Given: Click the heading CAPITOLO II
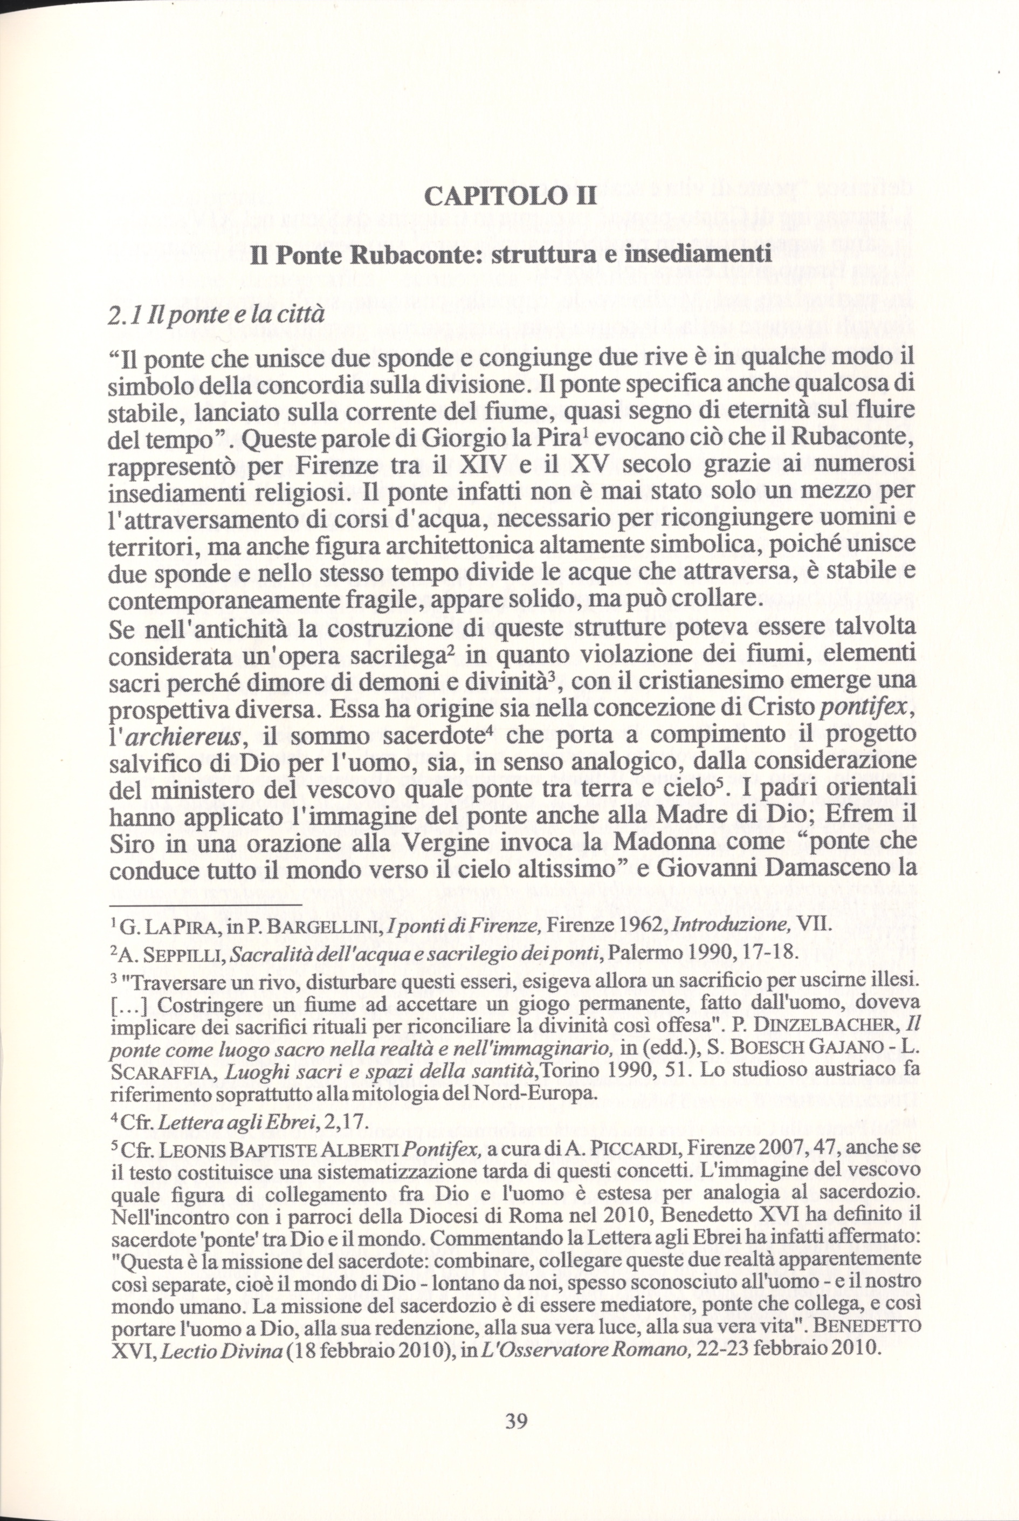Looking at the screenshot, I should [508, 196].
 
